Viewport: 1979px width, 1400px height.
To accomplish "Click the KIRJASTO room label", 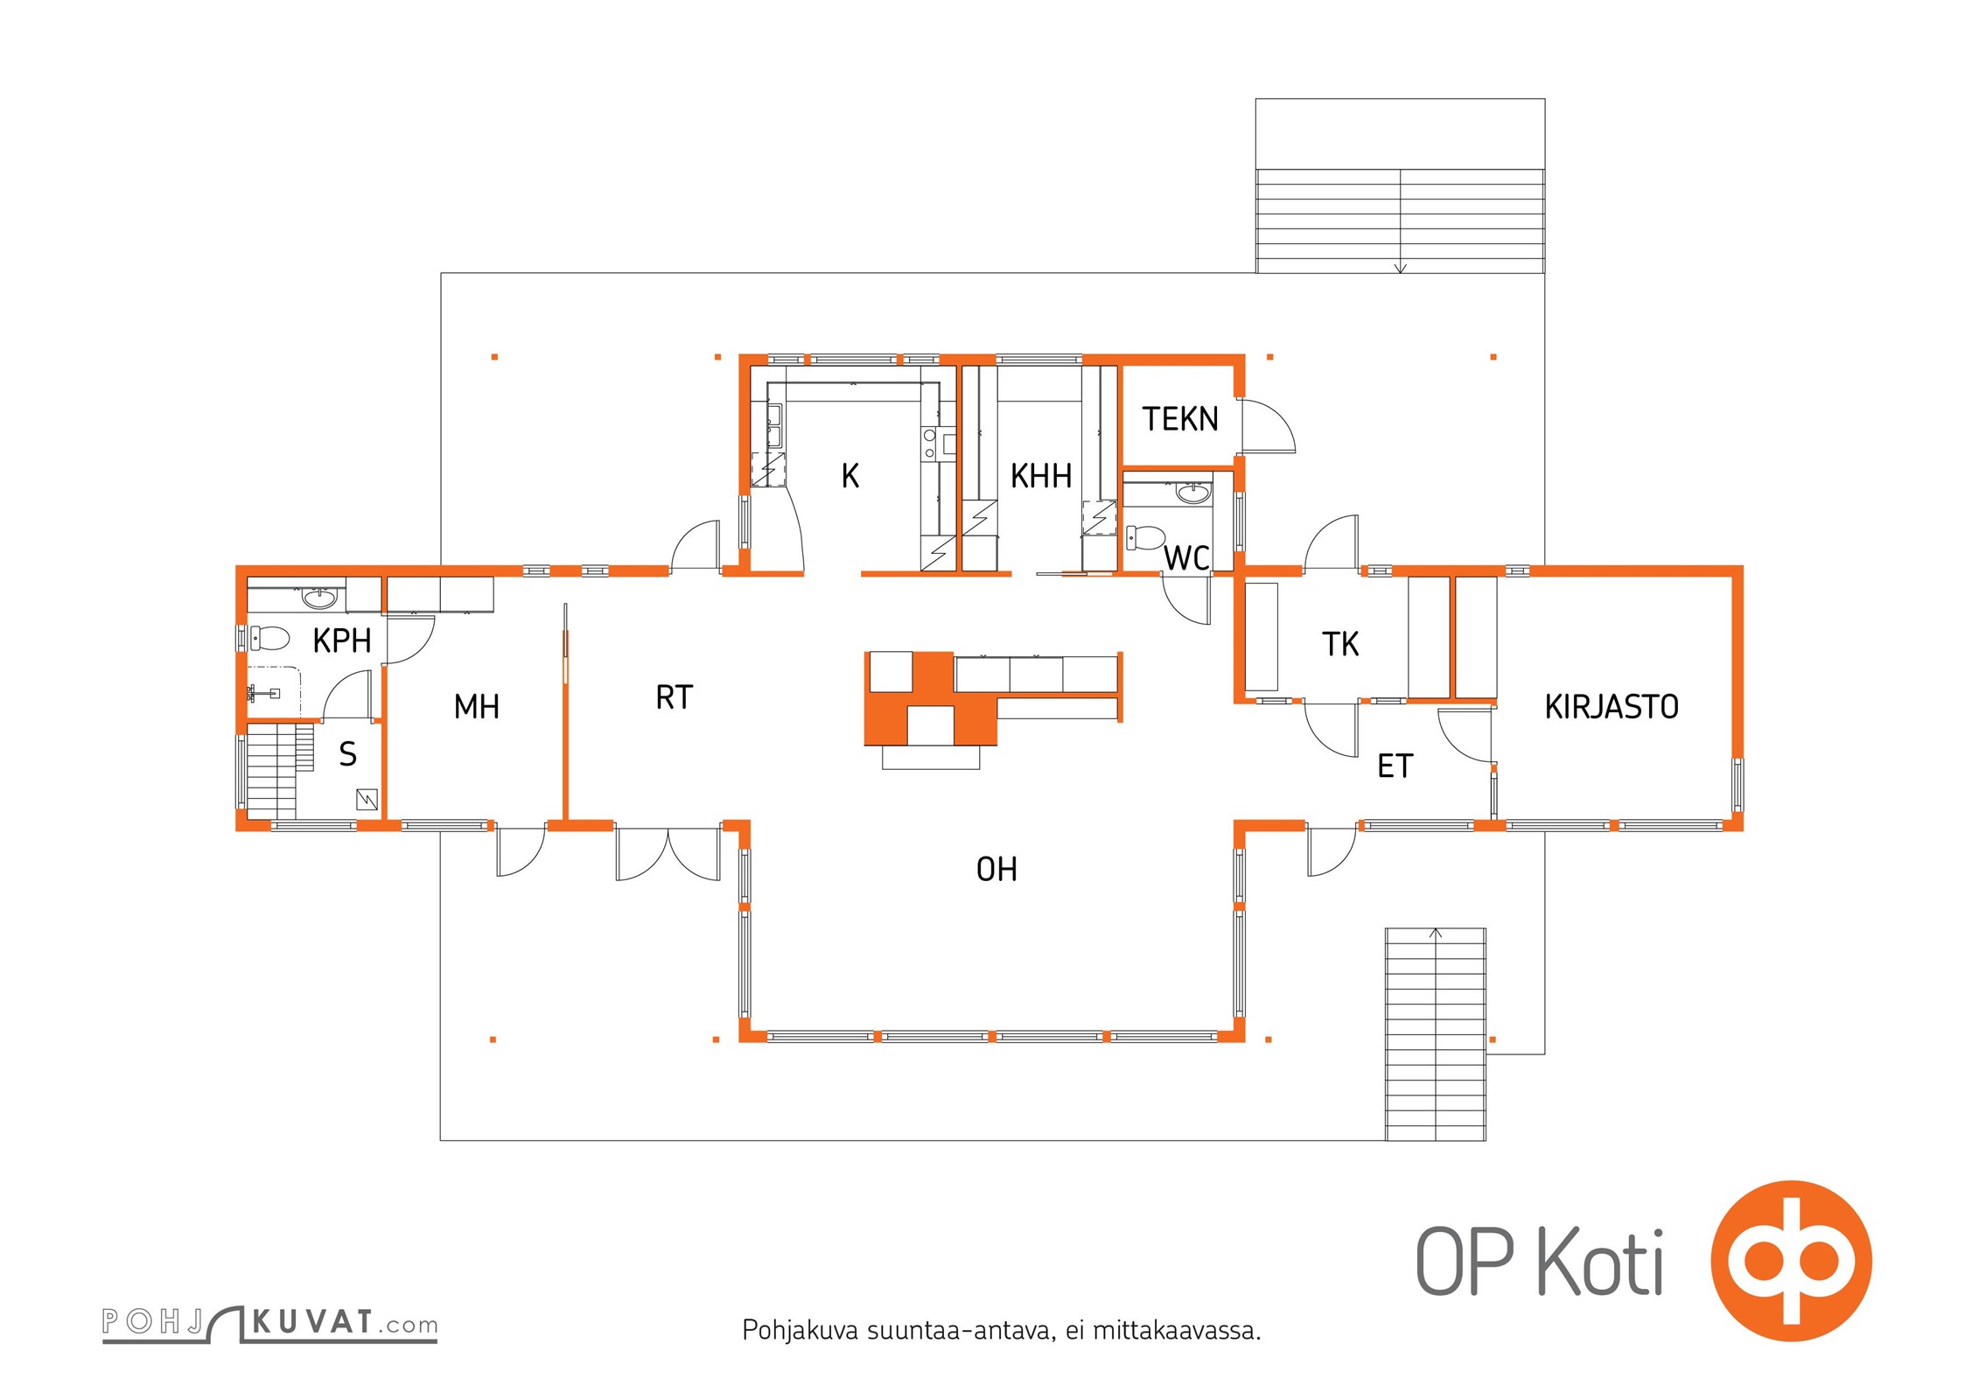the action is [1612, 707].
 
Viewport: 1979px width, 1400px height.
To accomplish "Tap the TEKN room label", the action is [1180, 419].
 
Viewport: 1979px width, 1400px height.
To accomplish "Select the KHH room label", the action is [1041, 476].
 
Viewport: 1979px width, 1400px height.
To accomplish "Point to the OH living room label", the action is [996, 869].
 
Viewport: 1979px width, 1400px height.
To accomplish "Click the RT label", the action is [675, 697].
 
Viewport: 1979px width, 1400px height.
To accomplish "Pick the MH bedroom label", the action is [477, 706].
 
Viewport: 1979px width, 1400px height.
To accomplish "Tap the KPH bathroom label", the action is [342, 640].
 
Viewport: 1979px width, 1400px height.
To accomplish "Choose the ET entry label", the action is [1395, 766].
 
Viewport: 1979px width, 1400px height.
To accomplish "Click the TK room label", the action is [1340, 644].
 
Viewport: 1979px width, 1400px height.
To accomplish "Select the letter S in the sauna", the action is [348, 753].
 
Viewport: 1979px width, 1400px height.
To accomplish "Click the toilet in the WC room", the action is [1145, 536].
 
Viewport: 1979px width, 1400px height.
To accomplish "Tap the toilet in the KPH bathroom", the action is [269, 638].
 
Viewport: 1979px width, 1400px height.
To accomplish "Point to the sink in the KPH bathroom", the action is [319, 598].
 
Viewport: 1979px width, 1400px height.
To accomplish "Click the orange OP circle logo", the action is [1791, 1261].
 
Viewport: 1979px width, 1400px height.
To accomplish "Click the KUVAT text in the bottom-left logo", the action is [312, 1321].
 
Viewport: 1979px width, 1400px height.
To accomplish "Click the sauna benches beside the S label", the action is [280, 770].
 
